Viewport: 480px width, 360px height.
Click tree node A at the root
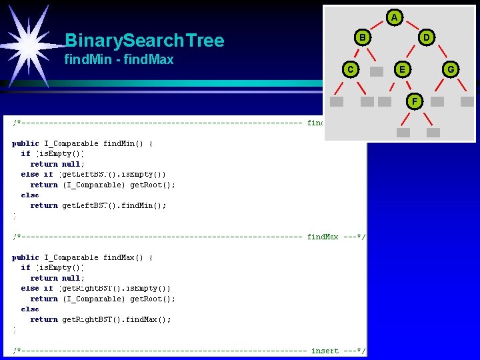click(x=395, y=17)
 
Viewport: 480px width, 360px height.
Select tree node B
click(x=362, y=38)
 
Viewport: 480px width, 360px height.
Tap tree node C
click(x=349, y=69)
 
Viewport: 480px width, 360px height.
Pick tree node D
click(x=427, y=38)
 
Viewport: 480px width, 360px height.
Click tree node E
click(x=401, y=69)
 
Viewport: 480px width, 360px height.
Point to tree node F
click(x=415, y=101)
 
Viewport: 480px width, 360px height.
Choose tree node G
click(x=451, y=69)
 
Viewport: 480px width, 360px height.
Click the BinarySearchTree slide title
click(x=144, y=41)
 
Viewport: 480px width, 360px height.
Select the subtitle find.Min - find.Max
click(x=119, y=60)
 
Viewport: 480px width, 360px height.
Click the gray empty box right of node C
click(x=377, y=71)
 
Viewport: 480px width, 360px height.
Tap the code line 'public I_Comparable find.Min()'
click(x=83, y=143)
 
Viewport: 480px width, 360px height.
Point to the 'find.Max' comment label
click(x=323, y=237)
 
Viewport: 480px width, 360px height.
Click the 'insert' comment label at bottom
click(x=325, y=351)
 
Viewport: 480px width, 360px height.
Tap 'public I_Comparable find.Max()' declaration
click(x=83, y=257)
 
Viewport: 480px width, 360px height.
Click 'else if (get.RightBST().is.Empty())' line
click(x=96, y=289)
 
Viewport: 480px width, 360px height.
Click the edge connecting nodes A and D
click(x=411, y=27)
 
